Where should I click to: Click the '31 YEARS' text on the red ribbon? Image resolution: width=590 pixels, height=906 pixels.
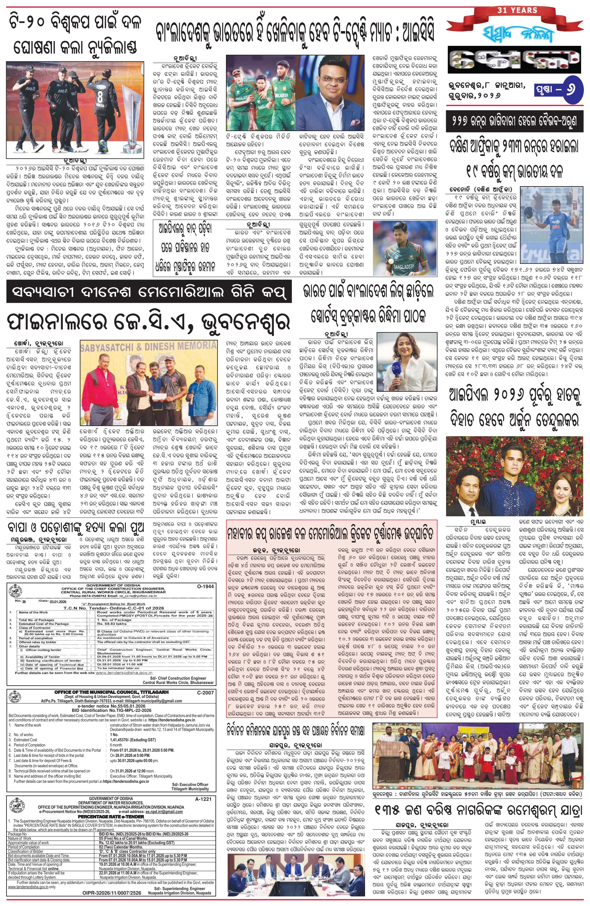coord(517,10)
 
